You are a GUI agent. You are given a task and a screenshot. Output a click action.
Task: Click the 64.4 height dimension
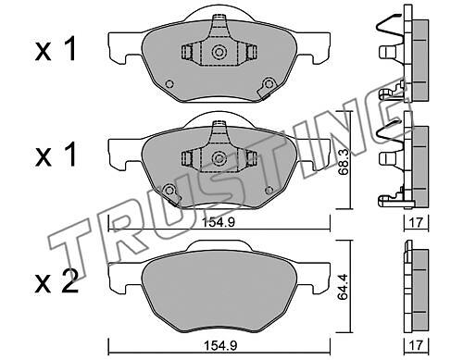343,287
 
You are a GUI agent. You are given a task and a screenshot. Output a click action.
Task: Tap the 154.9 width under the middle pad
219,222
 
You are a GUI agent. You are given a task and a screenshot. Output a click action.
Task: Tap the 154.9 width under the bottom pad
220,345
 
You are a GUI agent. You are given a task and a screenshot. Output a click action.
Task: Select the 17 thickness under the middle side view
417,222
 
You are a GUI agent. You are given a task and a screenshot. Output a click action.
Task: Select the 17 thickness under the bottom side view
417,345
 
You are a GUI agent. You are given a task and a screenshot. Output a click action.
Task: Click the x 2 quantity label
56,282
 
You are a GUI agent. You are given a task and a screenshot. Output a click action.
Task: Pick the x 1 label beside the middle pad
56,156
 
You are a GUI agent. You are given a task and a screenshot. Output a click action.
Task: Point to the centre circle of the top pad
219,52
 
